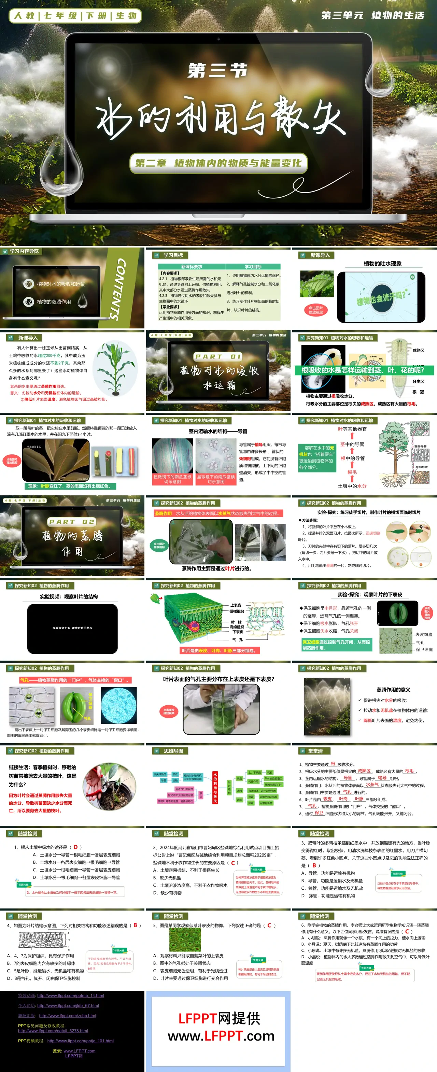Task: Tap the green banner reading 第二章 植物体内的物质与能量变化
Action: [218, 163]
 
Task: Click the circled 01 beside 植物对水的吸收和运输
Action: [28, 284]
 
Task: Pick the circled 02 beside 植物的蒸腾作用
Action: [28, 302]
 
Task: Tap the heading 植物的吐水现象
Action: [382, 264]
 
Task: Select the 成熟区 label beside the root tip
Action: [418, 350]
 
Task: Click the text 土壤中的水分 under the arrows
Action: [352, 486]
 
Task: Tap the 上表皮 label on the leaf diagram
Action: [236, 605]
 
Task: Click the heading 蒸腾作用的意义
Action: [393, 690]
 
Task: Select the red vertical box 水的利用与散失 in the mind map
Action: [215, 788]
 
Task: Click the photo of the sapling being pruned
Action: [110, 786]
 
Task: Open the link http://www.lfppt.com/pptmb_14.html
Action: [70, 996]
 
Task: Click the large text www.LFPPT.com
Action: [221, 1035]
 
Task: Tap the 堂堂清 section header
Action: [315, 751]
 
